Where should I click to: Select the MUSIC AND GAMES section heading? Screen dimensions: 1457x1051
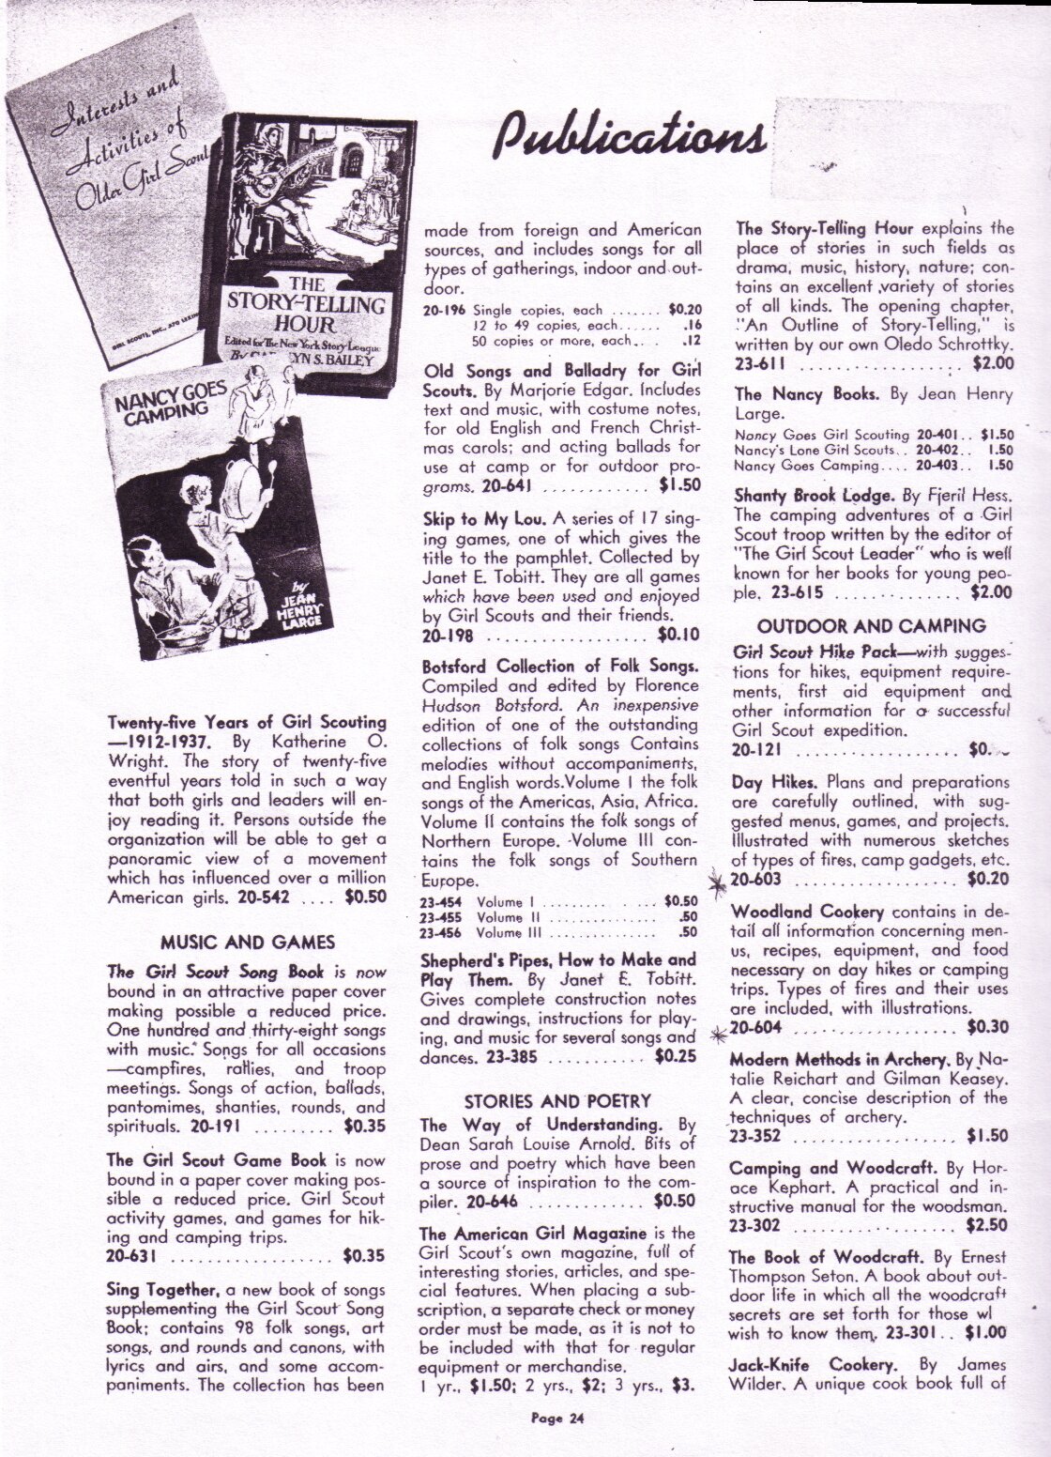(x=248, y=942)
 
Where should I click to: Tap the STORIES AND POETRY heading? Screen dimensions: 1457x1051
(x=557, y=1101)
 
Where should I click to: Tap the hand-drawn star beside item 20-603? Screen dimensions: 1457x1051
(x=719, y=883)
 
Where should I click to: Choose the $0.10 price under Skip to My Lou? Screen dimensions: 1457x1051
(x=678, y=634)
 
